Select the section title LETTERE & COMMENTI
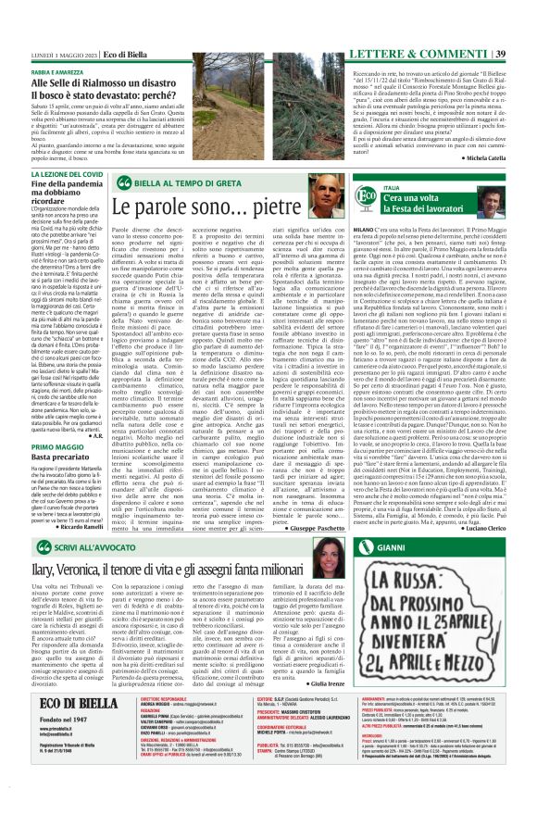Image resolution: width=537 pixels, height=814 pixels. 434,8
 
